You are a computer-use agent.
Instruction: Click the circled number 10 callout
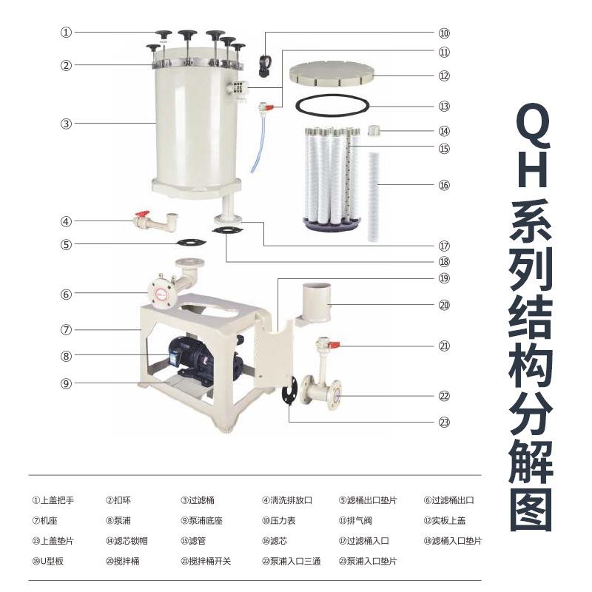pos(444,33)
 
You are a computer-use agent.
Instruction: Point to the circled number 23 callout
pos(444,423)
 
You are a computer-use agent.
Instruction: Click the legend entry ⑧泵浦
pos(119,520)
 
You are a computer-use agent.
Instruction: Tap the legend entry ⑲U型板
pos(48,561)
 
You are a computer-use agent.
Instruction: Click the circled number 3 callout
pos(66,124)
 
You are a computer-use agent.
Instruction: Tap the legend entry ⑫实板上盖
pos(448,520)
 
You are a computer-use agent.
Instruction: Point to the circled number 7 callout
pos(66,329)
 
